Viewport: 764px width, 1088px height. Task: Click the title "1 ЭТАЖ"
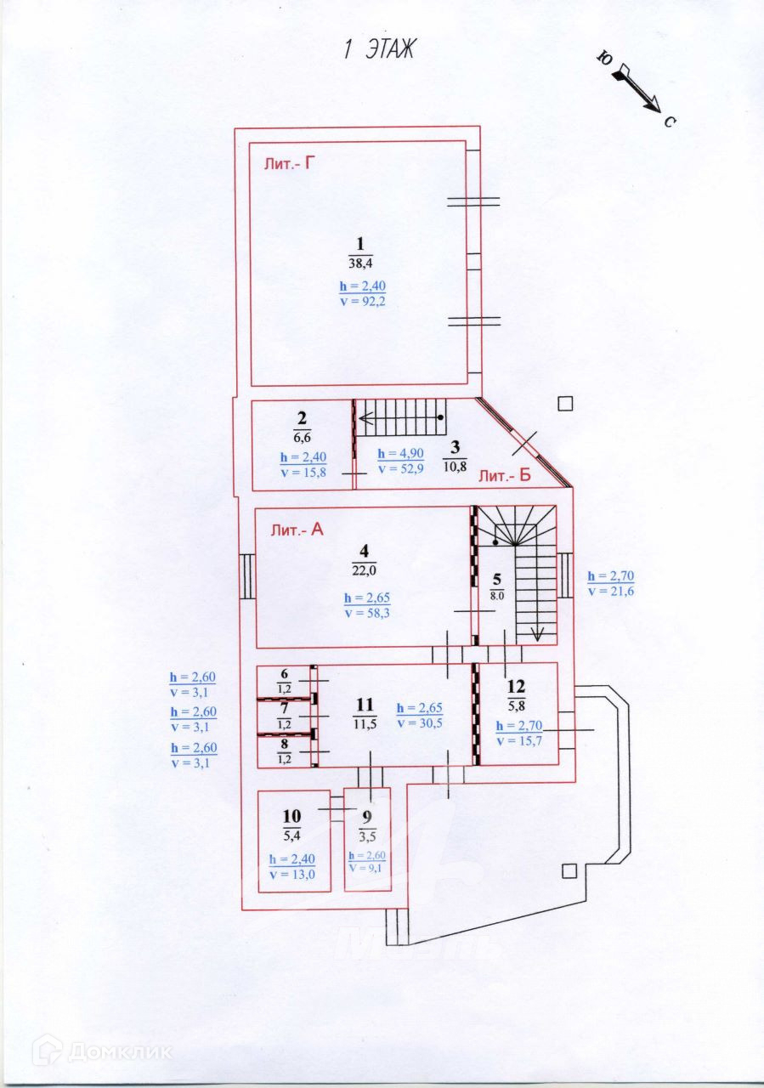pos(379,49)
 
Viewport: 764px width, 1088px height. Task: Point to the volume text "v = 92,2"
pos(362,301)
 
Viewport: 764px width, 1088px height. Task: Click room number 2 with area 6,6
pos(302,427)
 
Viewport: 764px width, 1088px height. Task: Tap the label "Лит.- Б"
pos(505,477)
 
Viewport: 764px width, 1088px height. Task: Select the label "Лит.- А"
pos(297,531)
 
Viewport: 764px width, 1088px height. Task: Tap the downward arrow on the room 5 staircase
pos(537,632)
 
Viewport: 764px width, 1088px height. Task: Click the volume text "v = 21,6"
pos(610,591)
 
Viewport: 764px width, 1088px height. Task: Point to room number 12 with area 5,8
pos(516,694)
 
